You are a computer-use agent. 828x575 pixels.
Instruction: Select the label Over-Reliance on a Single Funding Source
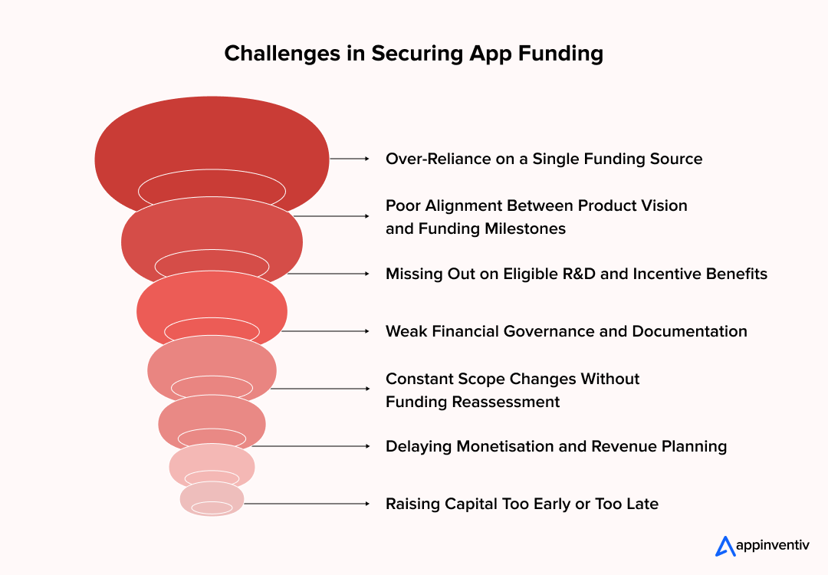[x=544, y=159]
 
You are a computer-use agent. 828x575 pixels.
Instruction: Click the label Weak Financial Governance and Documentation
[x=566, y=331]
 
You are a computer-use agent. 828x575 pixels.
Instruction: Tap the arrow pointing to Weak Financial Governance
[x=326, y=331]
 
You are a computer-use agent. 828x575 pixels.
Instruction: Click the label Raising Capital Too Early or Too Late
[x=521, y=504]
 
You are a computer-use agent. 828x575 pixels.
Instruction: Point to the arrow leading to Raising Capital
[x=307, y=504]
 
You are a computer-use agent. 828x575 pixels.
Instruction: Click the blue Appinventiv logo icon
[x=724, y=546]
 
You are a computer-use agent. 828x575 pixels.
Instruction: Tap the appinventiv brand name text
[x=772, y=546]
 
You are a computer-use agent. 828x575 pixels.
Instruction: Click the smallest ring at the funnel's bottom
[x=212, y=499]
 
